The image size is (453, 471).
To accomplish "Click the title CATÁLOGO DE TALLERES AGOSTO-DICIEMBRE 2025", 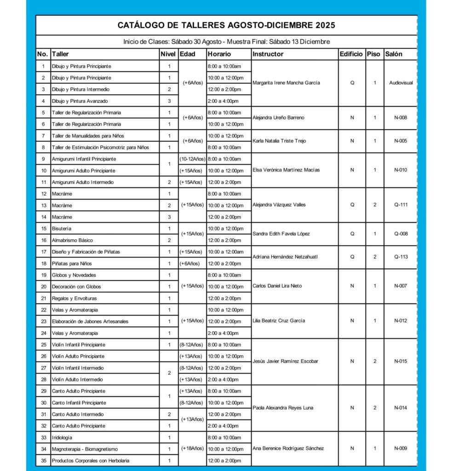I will pyautogui.click(x=226, y=25).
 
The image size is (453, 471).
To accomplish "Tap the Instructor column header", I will pyautogui.click(x=268, y=54).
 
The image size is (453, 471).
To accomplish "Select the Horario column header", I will pyautogui.click(x=219, y=54).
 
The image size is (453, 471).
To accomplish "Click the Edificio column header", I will pyautogui.click(x=352, y=54).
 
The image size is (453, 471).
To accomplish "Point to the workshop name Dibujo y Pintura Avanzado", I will pyautogui.click(x=80, y=101).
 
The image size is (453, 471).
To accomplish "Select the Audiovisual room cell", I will pyautogui.click(x=401, y=83).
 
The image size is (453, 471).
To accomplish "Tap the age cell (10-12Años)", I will pyautogui.click(x=192, y=159).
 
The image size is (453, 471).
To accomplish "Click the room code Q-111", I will pyautogui.click(x=401, y=205).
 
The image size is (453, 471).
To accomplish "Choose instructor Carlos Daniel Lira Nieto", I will pyautogui.click(x=277, y=286).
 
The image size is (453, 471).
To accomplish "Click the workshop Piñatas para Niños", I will pyautogui.click(x=72, y=264).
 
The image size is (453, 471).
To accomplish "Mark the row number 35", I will pyautogui.click(x=43, y=460).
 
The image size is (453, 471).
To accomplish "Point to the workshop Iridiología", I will pyautogui.click(x=62, y=437).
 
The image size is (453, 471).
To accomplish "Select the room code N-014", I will pyautogui.click(x=401, y=408).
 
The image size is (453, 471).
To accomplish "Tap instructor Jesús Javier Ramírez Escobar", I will pyautogui.click(x=285, y=362).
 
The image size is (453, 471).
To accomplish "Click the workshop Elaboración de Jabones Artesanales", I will pyautogui.click(x=90, y=322).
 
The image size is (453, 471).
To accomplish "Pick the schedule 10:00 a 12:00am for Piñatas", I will pyautogui.click(x=226, y=252).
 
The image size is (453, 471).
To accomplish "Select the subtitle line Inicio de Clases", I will pyautogui.click(x=226, y=42).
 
